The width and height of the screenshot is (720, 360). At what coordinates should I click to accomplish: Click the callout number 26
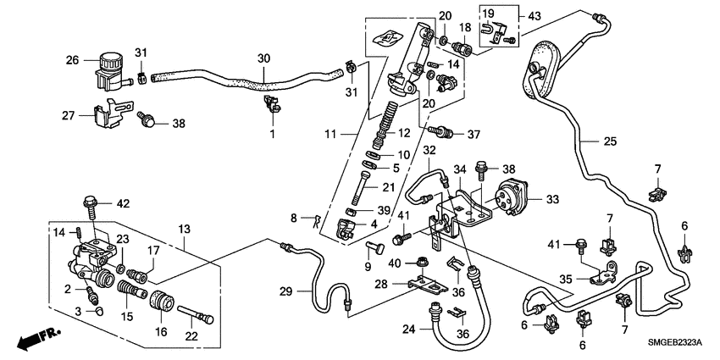(72, 59)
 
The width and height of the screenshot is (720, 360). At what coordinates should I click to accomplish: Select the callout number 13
(184, 229)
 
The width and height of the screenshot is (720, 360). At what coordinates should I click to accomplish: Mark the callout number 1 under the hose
(273, 134)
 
